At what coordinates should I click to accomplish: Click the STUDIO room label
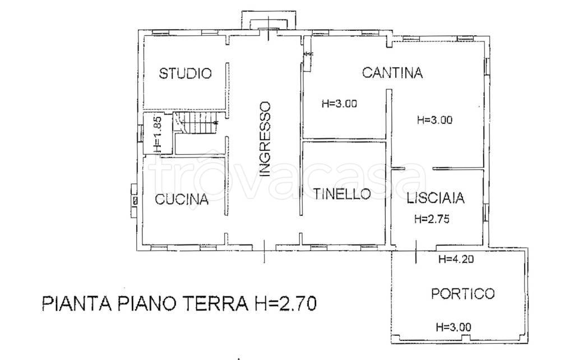[185, 73]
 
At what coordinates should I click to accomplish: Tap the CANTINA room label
[392, 72]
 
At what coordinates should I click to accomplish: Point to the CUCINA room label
[182, 199]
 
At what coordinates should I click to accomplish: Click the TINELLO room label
[342, 194]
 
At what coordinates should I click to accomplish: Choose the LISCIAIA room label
[437, 198]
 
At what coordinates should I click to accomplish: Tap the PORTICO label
[462, 293]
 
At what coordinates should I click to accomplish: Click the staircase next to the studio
[195, 123]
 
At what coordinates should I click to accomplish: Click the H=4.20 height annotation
[456, 259]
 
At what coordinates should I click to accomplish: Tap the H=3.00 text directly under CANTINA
[340, 103]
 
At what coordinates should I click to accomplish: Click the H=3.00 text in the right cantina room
[435, 119]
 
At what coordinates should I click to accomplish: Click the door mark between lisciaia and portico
[416, 251]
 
